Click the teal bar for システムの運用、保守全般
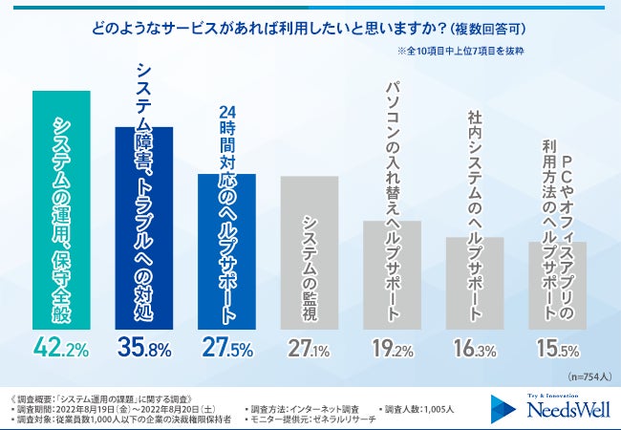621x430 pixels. click(x=62, y=210)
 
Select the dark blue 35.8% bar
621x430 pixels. click(x=144, y=229)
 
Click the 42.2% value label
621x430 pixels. click(x=62, y=345)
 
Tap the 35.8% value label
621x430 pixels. click(x=144, y=345)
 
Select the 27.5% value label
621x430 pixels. click(x=226, y=345)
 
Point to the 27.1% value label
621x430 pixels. click(x=310, y=345)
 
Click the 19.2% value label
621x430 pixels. click(x=392, y=345)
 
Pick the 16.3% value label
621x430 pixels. click(x=475, y=345)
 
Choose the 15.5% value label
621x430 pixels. click(x=557, y=345)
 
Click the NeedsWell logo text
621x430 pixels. click(x=552, y=410)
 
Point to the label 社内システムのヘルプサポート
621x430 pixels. click(x=475, y=167)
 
